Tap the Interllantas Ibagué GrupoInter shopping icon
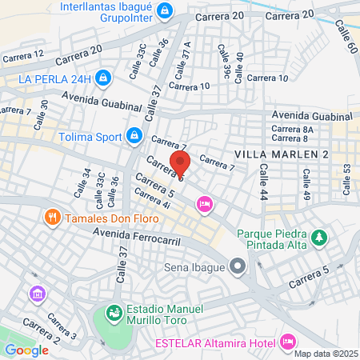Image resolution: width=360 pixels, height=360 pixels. pos(165,11)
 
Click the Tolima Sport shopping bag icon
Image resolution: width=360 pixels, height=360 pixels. pos(134,134)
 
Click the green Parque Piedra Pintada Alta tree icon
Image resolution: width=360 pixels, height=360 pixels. pos(320,237)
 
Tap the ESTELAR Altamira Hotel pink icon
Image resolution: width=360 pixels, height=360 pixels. pos(289,342)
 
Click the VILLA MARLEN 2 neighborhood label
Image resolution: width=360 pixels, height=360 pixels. pos(282,153)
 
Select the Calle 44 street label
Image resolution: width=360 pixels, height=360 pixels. pos(263,183)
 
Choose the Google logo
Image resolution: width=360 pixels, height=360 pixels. pos(26,350)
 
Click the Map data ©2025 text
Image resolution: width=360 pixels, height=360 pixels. pos(326,353)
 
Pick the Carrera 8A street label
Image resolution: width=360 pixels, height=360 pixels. pos(292,129)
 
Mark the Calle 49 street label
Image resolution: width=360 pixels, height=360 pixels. pos(306,183)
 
